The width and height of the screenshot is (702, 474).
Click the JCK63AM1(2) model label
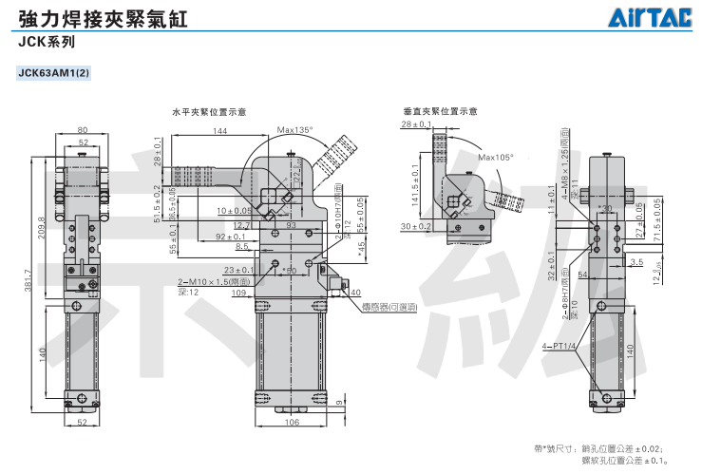click(x=53, y=72)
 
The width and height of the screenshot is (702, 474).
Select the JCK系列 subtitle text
click(x=45, y=43)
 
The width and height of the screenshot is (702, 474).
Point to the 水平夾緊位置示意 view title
click(x=208, y=111)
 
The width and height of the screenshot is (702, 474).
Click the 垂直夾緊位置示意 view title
click(x=440, y=111)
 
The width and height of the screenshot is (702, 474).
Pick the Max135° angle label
click(x=294, y=130)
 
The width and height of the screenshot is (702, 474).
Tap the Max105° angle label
click(x=495, y=157)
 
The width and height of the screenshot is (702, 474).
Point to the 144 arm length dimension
click(x=220, y=130)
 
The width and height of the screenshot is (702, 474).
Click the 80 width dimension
click(x=83, y=129)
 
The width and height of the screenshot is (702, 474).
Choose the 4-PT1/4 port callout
click(x=559, y=346)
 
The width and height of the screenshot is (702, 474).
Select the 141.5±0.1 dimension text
click(x=414, y=185)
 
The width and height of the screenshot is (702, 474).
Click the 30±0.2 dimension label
click(x=416, y=226)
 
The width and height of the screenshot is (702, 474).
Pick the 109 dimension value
click(x=239, y=293)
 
